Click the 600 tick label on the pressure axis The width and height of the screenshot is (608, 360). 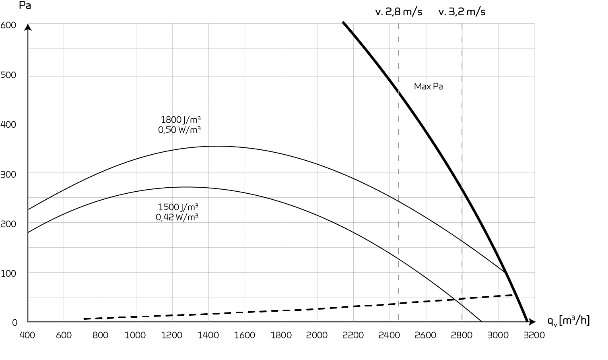coord(8,25)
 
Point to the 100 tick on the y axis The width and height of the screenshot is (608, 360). coord(8,273)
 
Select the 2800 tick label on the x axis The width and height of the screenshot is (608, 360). coord(462,335)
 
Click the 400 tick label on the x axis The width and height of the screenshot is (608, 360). coord(27,335)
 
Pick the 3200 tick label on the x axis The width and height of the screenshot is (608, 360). coord(534,335)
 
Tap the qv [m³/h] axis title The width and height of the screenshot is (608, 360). coord(568,321)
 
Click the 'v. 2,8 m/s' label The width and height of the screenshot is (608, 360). coord(398,12)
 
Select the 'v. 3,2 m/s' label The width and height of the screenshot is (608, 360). coord(462,12)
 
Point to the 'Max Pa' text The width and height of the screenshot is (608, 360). coord(428,87)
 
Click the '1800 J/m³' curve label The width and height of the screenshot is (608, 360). coord(181,120)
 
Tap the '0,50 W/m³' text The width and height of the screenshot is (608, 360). coord(179,130)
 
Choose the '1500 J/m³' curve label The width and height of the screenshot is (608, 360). coord(178,207)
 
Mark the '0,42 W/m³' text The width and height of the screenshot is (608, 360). coord(177,217)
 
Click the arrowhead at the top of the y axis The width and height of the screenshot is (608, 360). coord(28,27)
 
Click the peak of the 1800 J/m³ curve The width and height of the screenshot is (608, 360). coord(217,146)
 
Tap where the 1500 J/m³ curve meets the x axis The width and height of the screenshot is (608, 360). coord(482,322)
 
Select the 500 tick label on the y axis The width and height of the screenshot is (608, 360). coord(8,75)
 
